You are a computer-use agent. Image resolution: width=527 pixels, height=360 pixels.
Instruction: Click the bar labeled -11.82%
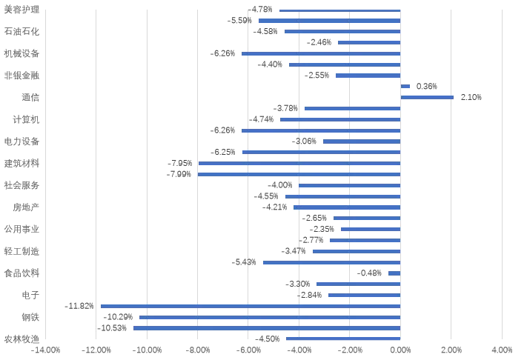(x=251, y=306)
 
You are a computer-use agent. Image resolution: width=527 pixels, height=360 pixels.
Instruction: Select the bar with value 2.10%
(x=427, y=97)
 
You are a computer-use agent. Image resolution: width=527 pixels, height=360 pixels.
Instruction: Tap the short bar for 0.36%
(x=405, y=87)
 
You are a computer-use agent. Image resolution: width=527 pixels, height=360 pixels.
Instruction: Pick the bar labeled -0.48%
(x=394, y=273)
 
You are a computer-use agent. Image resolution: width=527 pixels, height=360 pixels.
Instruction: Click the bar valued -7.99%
(x=299, y=174)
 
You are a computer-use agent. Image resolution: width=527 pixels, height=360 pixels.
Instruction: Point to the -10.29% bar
(x=270, y=317)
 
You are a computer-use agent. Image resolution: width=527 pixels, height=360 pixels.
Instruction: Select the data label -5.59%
(x=239, y=21)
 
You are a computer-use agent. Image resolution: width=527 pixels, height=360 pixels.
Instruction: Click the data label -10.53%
(x=112, y=328)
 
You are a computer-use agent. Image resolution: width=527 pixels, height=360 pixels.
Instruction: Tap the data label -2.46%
(x=319, y=42)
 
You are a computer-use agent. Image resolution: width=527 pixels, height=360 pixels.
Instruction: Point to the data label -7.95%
(x=180, y=163)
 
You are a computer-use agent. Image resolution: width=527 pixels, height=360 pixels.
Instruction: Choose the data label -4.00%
(x=280, y=185)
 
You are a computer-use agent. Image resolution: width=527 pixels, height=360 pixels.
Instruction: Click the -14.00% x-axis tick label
(x=45, y=350)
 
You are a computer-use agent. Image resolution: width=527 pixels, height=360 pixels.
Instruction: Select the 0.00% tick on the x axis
(x=400, y=350)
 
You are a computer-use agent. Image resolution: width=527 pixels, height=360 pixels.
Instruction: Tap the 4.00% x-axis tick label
(x=502, y=350)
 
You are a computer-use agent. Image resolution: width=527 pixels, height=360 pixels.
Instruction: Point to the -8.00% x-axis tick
(x=198, y=350)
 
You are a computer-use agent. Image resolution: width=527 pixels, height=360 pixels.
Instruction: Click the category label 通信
(x=30, y=97)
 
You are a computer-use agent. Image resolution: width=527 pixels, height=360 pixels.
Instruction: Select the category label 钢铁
(x=30, y=317)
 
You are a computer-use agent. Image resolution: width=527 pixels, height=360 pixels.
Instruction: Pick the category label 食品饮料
(x=21, y=273)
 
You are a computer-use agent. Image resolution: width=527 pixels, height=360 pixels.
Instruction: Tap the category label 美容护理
(x=21, y=10)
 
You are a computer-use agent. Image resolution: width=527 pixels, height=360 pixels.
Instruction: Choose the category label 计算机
(x=26, y=119)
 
